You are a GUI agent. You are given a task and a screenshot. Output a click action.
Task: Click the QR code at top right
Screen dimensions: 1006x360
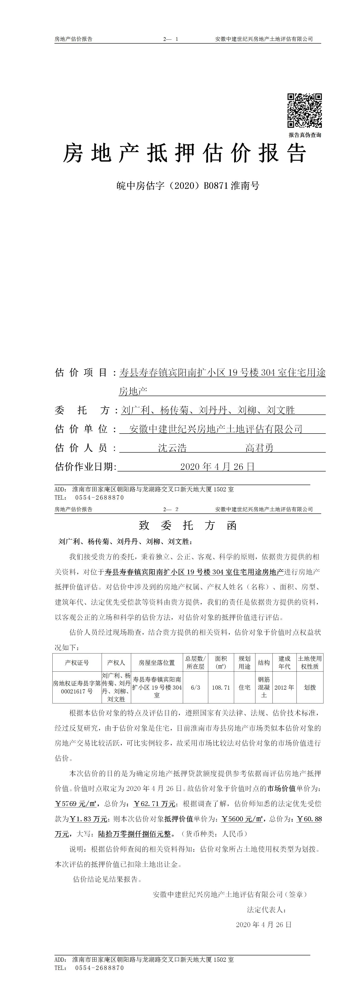[x=305, y=111]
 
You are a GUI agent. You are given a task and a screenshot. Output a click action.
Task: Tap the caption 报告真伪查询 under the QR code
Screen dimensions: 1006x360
[x=305, y=135]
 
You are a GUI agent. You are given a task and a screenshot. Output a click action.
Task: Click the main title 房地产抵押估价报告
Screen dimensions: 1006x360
[x=185, y=153]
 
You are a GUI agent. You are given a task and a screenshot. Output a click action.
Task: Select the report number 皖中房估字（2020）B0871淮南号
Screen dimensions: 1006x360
[x=188, y=186]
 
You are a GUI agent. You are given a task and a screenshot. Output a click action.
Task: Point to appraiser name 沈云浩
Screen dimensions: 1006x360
[x=172, y=448]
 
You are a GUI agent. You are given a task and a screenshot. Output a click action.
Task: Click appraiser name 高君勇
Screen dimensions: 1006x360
[x=259, y=448]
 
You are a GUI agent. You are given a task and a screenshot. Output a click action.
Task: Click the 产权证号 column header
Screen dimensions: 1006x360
[x=77, y=663]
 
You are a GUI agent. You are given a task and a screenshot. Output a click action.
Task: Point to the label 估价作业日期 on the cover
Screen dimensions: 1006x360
[x=86, y=467]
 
